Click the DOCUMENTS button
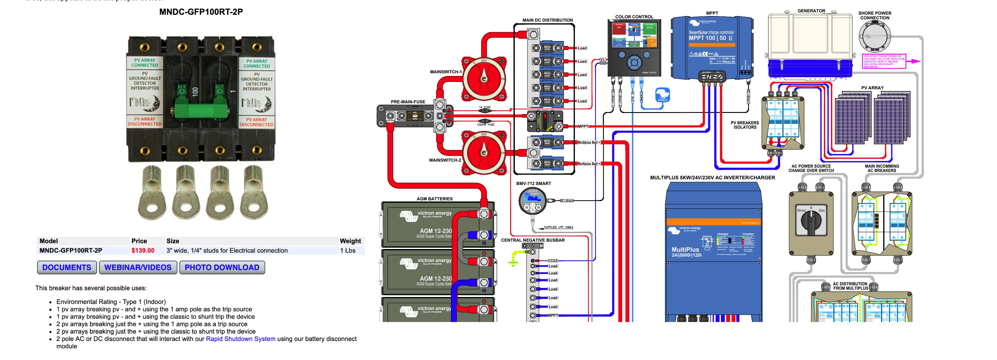(67, 267)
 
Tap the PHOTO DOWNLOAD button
(222, 267)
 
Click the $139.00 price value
(143, 250)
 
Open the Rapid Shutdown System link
(240, 339)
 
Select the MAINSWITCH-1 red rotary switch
(484, 79)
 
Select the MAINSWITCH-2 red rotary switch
(484, 153)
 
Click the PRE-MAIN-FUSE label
(407, 102)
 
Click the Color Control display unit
(634, 48)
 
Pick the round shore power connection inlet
(874, 36)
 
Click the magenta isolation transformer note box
(884, 61)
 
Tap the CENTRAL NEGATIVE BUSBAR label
(533, 240)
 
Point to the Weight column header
(350, 241)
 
